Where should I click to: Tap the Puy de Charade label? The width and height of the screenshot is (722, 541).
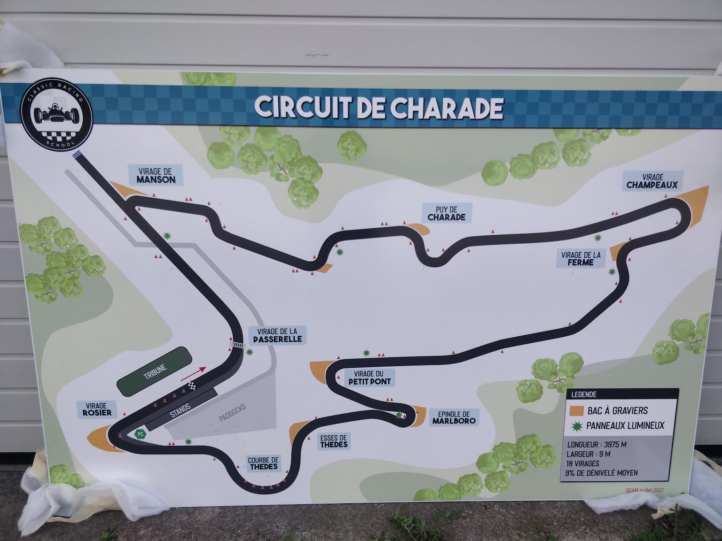(x=446, y=213)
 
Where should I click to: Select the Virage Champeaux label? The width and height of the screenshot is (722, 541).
(x=652, y=181)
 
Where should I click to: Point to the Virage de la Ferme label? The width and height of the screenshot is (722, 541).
(x=581, y=259)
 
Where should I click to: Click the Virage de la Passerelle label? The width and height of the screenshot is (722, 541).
(x=277, y=335)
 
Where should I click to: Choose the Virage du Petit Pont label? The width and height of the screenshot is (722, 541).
(x=369, y=378)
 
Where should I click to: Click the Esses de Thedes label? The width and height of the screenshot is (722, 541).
(x=334, y=441)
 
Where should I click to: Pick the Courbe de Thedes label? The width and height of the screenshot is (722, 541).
(x=264, y=464)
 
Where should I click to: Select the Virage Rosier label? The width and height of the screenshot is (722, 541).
(x=96, y=409)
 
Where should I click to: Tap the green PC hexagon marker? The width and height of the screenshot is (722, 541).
(x=140, y=434)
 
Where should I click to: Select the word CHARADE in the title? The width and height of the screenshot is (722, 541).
(x=446, y=108)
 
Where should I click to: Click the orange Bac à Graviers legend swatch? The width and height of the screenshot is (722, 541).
(x=576, y=411)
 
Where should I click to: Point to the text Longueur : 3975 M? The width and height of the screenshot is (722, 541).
(x=596, y=444)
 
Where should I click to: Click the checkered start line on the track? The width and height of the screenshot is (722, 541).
(x=191, y=386)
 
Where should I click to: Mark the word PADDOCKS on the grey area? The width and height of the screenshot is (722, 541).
(x=232, y=413)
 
